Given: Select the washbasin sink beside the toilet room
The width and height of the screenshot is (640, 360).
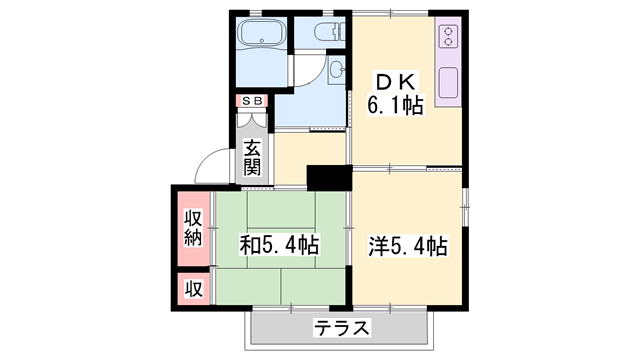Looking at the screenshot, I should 337,69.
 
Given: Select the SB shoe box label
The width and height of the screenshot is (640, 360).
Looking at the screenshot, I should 250,101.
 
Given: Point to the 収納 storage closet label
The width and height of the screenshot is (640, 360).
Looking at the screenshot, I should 193,227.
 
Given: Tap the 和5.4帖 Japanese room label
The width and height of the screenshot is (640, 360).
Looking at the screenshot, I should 278,244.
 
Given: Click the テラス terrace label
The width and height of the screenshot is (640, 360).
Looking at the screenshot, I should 342,327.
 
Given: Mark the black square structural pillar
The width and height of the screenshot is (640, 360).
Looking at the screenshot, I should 325,176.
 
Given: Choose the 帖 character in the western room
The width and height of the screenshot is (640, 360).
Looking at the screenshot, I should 435,245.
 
